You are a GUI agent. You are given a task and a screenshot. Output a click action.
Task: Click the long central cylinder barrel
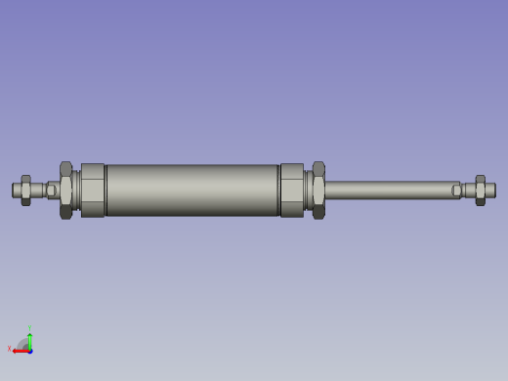[x=192, y=190]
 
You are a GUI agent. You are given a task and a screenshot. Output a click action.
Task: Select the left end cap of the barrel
[x=93, y=190]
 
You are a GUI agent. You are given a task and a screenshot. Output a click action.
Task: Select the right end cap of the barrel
[x=292, y=190]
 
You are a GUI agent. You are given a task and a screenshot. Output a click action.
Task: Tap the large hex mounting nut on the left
[x=65, y=190]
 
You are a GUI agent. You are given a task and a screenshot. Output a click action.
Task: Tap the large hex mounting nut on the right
[x=318, y=190]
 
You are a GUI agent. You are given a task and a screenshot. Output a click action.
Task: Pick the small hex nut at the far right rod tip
[x=480, y=190]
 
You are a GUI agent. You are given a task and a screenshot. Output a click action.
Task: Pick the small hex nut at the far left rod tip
[x=26, y=190]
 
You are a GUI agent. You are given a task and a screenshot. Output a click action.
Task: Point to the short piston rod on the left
[x=39, y=190]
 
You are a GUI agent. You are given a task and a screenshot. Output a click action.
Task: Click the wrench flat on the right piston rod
[x=456, y=190]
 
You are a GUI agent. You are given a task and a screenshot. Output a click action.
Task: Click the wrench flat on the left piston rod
[x=51, y=190]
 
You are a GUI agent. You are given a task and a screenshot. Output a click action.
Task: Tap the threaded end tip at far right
[x=490, y=190]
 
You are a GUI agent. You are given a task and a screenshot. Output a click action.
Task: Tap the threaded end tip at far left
[x=16, y=190]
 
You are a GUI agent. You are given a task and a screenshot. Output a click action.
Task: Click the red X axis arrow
[x=20, y=350]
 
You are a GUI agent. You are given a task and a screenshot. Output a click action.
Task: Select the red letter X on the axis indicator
[x=10, y=348]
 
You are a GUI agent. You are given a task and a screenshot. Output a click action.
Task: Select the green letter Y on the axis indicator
[x=29, y=328]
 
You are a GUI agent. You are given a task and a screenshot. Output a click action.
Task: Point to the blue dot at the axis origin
[x=30, y=350]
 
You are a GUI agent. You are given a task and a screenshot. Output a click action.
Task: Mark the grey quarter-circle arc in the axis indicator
[x=22, y=343]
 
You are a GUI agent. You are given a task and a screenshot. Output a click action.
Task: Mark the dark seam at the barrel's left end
[x=106, y=190]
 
